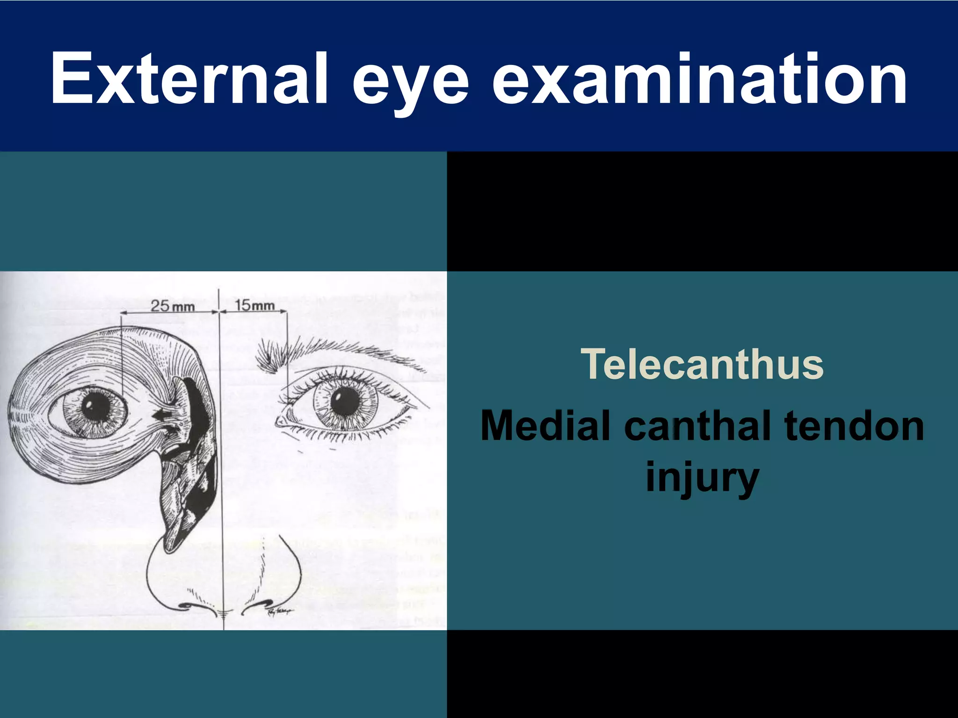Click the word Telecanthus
point(702,364)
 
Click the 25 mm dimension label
point(172,306)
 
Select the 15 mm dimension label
point(254,306)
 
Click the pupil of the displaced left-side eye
point(96,407)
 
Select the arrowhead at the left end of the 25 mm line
point(123,312)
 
